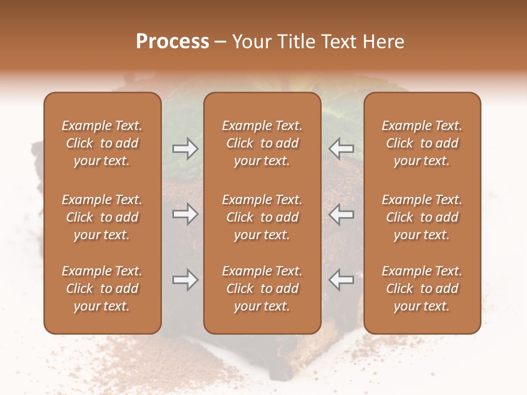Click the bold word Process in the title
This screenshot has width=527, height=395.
(172, 42)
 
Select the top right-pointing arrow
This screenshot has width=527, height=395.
(185, 149)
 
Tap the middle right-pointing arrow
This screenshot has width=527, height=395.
(185, 215)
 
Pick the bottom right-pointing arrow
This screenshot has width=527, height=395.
(185, 280)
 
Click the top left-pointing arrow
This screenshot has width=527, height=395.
(341, 149)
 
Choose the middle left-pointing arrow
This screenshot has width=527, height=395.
(341, 215)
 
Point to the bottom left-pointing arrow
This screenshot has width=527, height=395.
(341, 280)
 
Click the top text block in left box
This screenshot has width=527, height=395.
(102, 143)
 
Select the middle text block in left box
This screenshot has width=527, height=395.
(102, 217)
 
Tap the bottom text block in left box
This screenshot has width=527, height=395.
(102, 289)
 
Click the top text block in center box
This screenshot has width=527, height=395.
(262, 143)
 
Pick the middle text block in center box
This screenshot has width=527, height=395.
(262, 217)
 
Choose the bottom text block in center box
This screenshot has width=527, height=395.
(262, 289)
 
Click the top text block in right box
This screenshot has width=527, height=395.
(422, 143)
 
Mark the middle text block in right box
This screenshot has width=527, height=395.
(422, 217)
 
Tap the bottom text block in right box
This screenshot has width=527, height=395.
(422, 289)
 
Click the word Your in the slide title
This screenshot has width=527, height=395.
(250, 42)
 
